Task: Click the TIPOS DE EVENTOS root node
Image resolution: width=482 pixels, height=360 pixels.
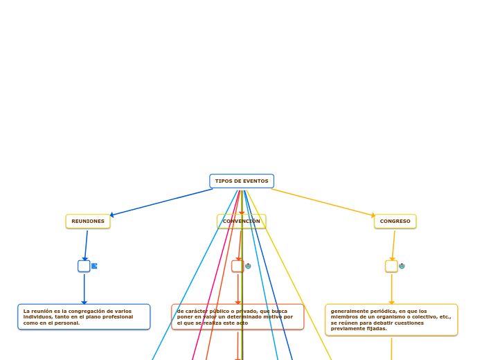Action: [242, 181]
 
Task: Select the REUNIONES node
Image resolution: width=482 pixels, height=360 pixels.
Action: [88, 222]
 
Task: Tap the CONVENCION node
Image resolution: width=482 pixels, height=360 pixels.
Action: [242, 222]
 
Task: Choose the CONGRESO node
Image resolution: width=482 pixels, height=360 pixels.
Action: [395, 222]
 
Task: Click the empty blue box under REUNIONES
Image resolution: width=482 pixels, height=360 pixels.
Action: [84, 266]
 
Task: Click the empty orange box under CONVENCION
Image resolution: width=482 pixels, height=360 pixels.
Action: [237, 266]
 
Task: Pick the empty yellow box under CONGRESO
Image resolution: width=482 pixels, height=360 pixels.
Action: [391, 266]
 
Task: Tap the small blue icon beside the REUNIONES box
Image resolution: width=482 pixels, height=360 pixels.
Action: [94, 266]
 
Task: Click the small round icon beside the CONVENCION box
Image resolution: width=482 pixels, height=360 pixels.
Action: [248, 266]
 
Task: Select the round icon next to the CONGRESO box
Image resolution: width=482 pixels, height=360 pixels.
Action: [402, 266]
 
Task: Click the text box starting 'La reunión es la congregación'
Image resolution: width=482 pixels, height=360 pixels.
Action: [84, 317]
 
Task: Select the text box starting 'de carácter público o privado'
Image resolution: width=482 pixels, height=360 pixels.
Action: [238, 317]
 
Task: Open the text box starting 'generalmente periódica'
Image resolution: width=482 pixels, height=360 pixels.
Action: [391, 320]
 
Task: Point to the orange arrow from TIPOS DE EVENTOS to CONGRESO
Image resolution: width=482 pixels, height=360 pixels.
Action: [322, 202]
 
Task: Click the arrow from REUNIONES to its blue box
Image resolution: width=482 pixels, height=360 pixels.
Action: [86, 244]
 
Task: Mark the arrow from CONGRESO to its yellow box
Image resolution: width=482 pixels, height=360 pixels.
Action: [393, 244]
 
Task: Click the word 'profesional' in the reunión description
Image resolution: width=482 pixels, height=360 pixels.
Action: [119, 317]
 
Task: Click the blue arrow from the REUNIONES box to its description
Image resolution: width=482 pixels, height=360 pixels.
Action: [84, 288]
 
